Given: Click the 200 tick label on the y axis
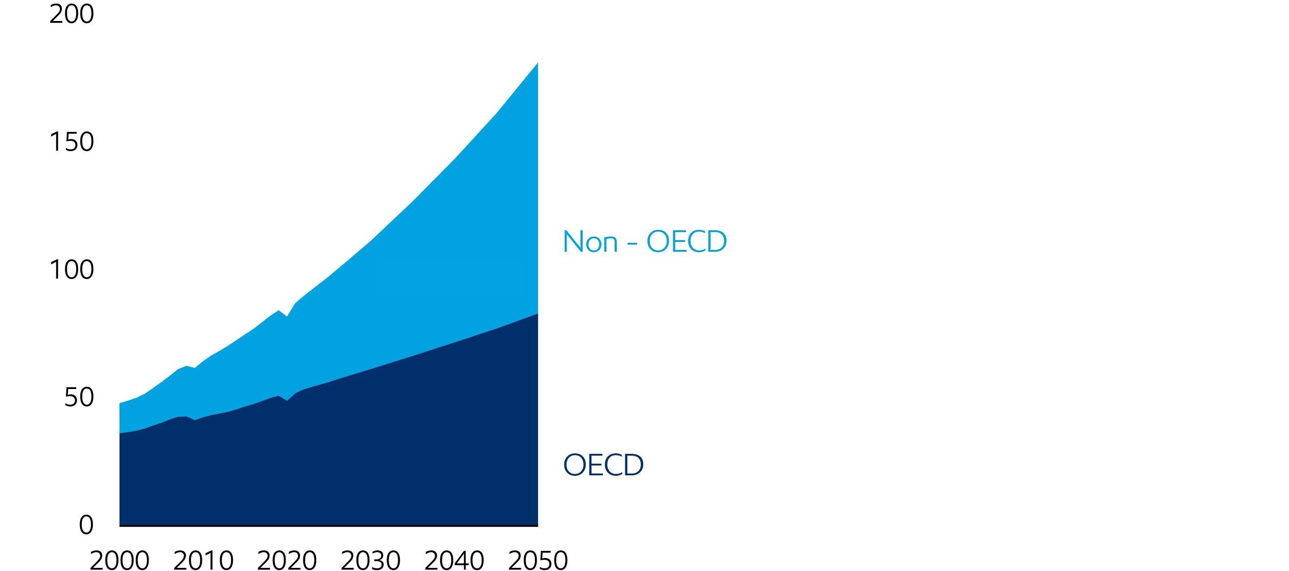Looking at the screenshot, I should point(72,14).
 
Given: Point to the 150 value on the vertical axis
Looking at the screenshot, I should point(72,142).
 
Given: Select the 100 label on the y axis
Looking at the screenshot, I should point(72,270).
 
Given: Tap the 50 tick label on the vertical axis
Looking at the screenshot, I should point(79,398).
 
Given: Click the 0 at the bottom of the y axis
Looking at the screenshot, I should point(86,525).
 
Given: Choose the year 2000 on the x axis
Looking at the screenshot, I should point(120,560).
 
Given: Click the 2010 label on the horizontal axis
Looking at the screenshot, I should point(203,560).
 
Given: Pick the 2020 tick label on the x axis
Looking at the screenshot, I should point(287,560).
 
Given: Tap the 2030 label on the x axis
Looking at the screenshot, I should point(370,560).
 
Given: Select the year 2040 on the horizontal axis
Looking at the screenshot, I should point(454,560).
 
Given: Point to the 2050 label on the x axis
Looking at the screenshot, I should point(538,560).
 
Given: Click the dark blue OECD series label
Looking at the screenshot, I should point(603,465).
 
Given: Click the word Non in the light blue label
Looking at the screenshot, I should point(590,242).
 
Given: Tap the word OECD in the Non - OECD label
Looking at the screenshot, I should point(687,242).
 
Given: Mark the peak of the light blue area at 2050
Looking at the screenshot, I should point(537,64).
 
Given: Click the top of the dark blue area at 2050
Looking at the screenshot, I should point(537,314).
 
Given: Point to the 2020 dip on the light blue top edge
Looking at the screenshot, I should point(287,317).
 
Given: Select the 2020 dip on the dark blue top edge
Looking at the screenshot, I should point(287,401).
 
